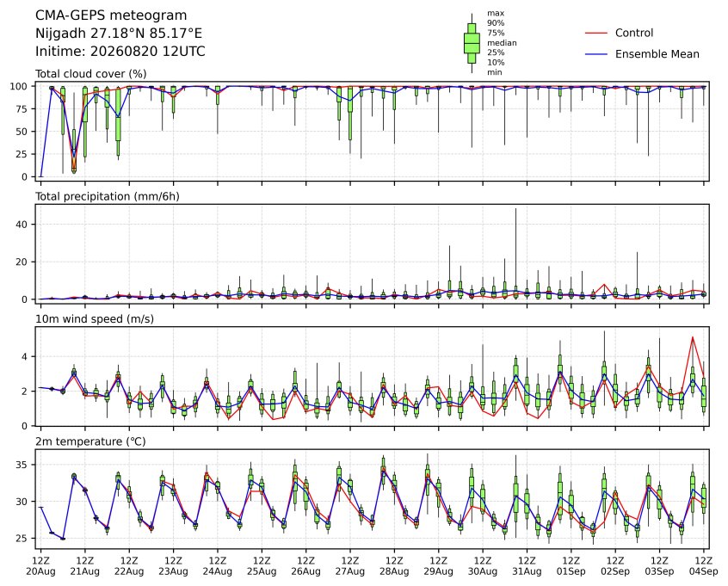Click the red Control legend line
596,33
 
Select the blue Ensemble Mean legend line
596,54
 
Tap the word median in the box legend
502,43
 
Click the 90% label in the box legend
496,22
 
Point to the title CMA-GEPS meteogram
111,15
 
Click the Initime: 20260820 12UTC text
120,51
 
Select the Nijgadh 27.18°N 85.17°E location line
119,34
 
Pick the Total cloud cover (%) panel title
91,74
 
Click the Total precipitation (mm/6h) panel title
108,197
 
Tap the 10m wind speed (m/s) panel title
95,319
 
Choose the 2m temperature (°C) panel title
90,441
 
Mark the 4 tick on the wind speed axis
25,356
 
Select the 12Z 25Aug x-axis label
262,566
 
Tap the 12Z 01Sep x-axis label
571,566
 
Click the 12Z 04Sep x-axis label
704,566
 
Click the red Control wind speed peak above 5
693,337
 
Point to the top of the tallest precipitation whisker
515,209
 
